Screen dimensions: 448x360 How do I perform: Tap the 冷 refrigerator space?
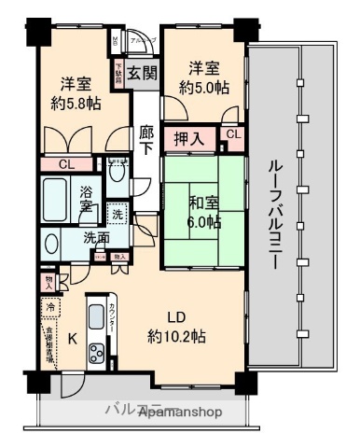click(48, 307)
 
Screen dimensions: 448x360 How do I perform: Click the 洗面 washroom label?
click(95, 237)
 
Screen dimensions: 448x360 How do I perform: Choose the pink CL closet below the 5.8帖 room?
click(63, 164)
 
